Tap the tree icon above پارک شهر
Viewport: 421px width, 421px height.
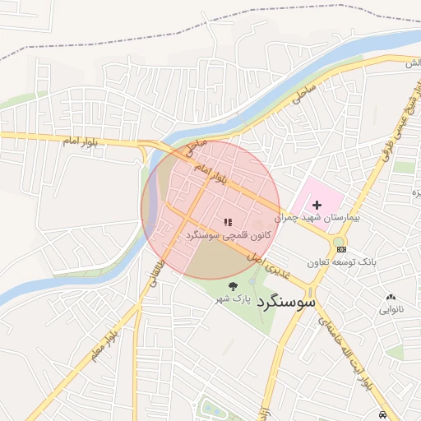coord(232,286)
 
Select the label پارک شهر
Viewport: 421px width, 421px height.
coord(232,298)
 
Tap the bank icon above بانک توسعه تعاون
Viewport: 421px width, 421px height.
coord(341,249)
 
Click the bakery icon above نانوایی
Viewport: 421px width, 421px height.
coord(391,298)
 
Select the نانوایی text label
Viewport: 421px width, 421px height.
coord(391,310)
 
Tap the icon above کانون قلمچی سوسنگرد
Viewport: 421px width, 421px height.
coord(228,222)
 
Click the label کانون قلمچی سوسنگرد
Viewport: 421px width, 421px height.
coord(227,235)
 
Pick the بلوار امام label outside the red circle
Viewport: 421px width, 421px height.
coord(81,142)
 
